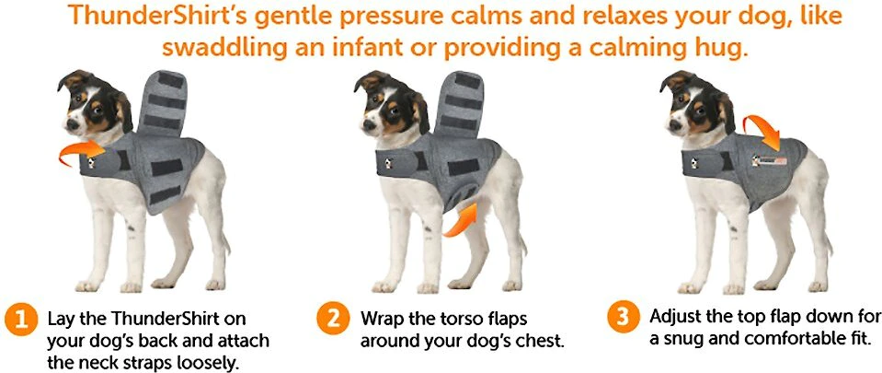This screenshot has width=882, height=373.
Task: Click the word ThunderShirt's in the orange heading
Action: (158, 17)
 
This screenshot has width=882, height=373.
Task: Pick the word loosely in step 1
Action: (205, 362)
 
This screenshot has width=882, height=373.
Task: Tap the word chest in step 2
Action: (538, 341)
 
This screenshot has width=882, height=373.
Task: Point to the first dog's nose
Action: (72, 125)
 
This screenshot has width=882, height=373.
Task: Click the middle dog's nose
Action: (368, 125)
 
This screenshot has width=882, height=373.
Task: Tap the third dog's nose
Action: (674, 125)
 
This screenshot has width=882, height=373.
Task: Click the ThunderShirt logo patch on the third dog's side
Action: (770, 160)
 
